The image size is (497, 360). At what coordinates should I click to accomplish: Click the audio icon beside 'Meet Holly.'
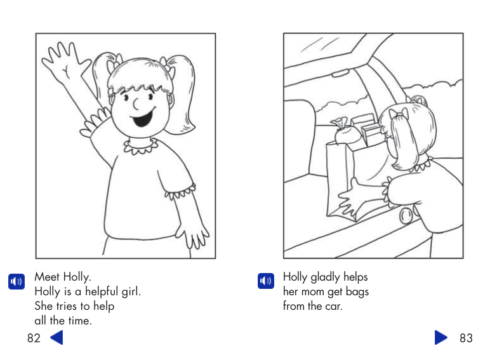[17, 281]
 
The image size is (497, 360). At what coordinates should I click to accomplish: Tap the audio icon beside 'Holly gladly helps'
[266, 281]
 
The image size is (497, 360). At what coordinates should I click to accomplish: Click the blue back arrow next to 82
[56, 337]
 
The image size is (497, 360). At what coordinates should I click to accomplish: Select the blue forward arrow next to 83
[441, 337]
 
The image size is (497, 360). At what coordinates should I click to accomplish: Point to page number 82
[34, 338]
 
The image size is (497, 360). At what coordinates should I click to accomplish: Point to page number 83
[466, 338]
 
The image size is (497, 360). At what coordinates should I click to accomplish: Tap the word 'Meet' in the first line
[47, 277]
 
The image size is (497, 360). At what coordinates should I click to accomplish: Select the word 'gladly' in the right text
[325, 277]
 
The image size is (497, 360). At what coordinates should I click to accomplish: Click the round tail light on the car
[406, 216]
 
